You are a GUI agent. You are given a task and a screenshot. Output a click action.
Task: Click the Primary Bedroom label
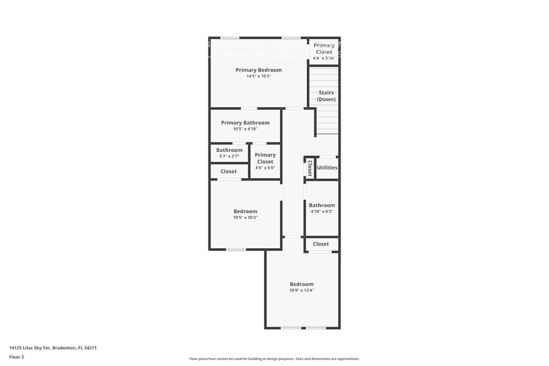258,70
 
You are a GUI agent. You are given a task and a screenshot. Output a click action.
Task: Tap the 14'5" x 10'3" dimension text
258,76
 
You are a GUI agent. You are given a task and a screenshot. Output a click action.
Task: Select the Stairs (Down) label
326,96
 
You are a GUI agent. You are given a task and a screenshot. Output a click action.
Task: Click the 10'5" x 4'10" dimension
245,129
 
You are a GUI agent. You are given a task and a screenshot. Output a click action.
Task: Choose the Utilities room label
327,167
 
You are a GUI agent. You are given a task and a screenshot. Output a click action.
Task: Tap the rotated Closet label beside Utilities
309,168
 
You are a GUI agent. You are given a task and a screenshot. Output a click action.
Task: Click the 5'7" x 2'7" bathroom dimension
229,156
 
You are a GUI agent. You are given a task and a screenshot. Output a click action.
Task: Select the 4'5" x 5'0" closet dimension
265,167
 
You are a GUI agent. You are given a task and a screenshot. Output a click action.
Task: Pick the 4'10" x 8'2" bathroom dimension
322,212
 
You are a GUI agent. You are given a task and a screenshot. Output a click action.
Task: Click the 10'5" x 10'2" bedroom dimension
245,217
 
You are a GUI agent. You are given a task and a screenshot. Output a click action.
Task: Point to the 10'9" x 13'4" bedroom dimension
301,290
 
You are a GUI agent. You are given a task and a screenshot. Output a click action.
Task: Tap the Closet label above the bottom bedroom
321,244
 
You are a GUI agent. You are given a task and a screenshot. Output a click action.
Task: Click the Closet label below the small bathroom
228,171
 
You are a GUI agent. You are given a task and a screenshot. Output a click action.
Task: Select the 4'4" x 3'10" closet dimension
324,58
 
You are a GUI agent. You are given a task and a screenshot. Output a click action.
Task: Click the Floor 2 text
16,357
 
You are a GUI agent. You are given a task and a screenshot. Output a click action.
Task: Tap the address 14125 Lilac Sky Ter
52,348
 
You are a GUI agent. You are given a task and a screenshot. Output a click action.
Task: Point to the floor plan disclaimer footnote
274,359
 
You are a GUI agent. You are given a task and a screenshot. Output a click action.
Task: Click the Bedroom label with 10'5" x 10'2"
245,211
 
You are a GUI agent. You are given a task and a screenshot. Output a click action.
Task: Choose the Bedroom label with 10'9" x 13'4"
301,284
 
